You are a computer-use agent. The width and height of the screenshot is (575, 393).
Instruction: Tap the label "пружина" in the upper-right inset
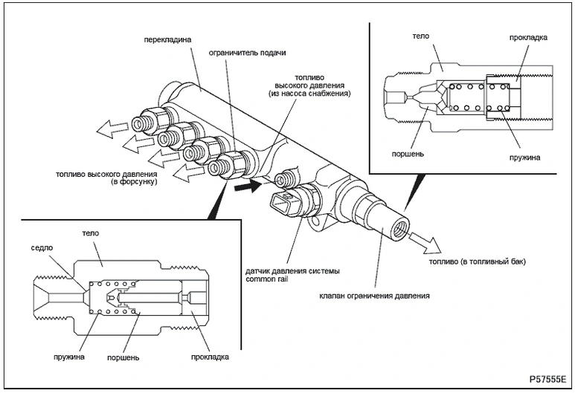[x=519, y=157]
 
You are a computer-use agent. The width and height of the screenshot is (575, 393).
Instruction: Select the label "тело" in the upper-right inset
[x=420, y=35]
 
